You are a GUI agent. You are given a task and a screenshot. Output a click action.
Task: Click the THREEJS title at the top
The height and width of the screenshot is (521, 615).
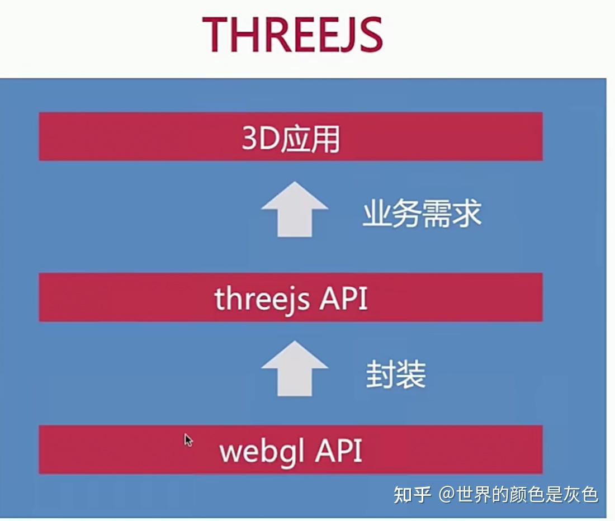point(292,35)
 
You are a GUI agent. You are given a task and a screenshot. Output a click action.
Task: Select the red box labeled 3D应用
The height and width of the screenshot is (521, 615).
point(291,136)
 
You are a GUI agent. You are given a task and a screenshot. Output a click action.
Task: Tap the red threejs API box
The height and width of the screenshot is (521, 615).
point(291,297)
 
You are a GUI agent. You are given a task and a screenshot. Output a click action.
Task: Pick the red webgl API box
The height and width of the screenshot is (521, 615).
point(291,450)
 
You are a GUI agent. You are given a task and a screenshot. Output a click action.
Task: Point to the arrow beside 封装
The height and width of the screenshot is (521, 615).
point(294,368)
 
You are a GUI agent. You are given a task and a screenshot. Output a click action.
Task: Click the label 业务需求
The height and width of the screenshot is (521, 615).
point(422,214)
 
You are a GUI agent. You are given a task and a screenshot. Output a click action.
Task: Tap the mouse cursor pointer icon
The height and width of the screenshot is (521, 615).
point(188,440)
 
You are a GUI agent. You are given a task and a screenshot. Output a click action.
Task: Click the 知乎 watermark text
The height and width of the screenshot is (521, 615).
point(413,495)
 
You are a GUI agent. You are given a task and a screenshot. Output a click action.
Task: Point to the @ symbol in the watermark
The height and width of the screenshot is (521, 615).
point(447,495)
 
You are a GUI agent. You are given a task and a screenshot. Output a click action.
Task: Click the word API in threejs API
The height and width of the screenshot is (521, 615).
point(343,299)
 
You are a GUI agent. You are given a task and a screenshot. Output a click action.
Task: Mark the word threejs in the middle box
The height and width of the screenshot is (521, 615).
point(262,300)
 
